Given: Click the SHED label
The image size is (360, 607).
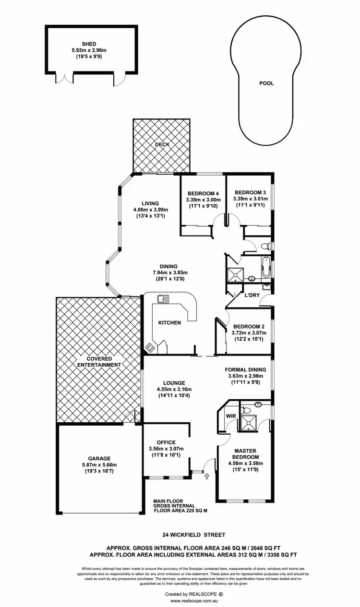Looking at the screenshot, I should (x=91, y=44).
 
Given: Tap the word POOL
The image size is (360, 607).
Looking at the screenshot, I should (x=266, y=83).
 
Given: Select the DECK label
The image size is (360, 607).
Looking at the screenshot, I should (x=162, y=144).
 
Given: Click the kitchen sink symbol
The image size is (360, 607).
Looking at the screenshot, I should (x=161, y=300).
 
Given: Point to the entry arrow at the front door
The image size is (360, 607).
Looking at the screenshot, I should (x=207, y=476).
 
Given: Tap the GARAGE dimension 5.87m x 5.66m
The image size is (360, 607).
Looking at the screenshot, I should (x=99, y=464).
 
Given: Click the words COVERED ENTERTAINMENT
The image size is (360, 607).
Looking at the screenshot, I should (x=99, y=362).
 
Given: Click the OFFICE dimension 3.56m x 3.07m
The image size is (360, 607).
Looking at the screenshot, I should (x=166, y=449).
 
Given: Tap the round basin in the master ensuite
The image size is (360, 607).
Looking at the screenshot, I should (x=257, y=404).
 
